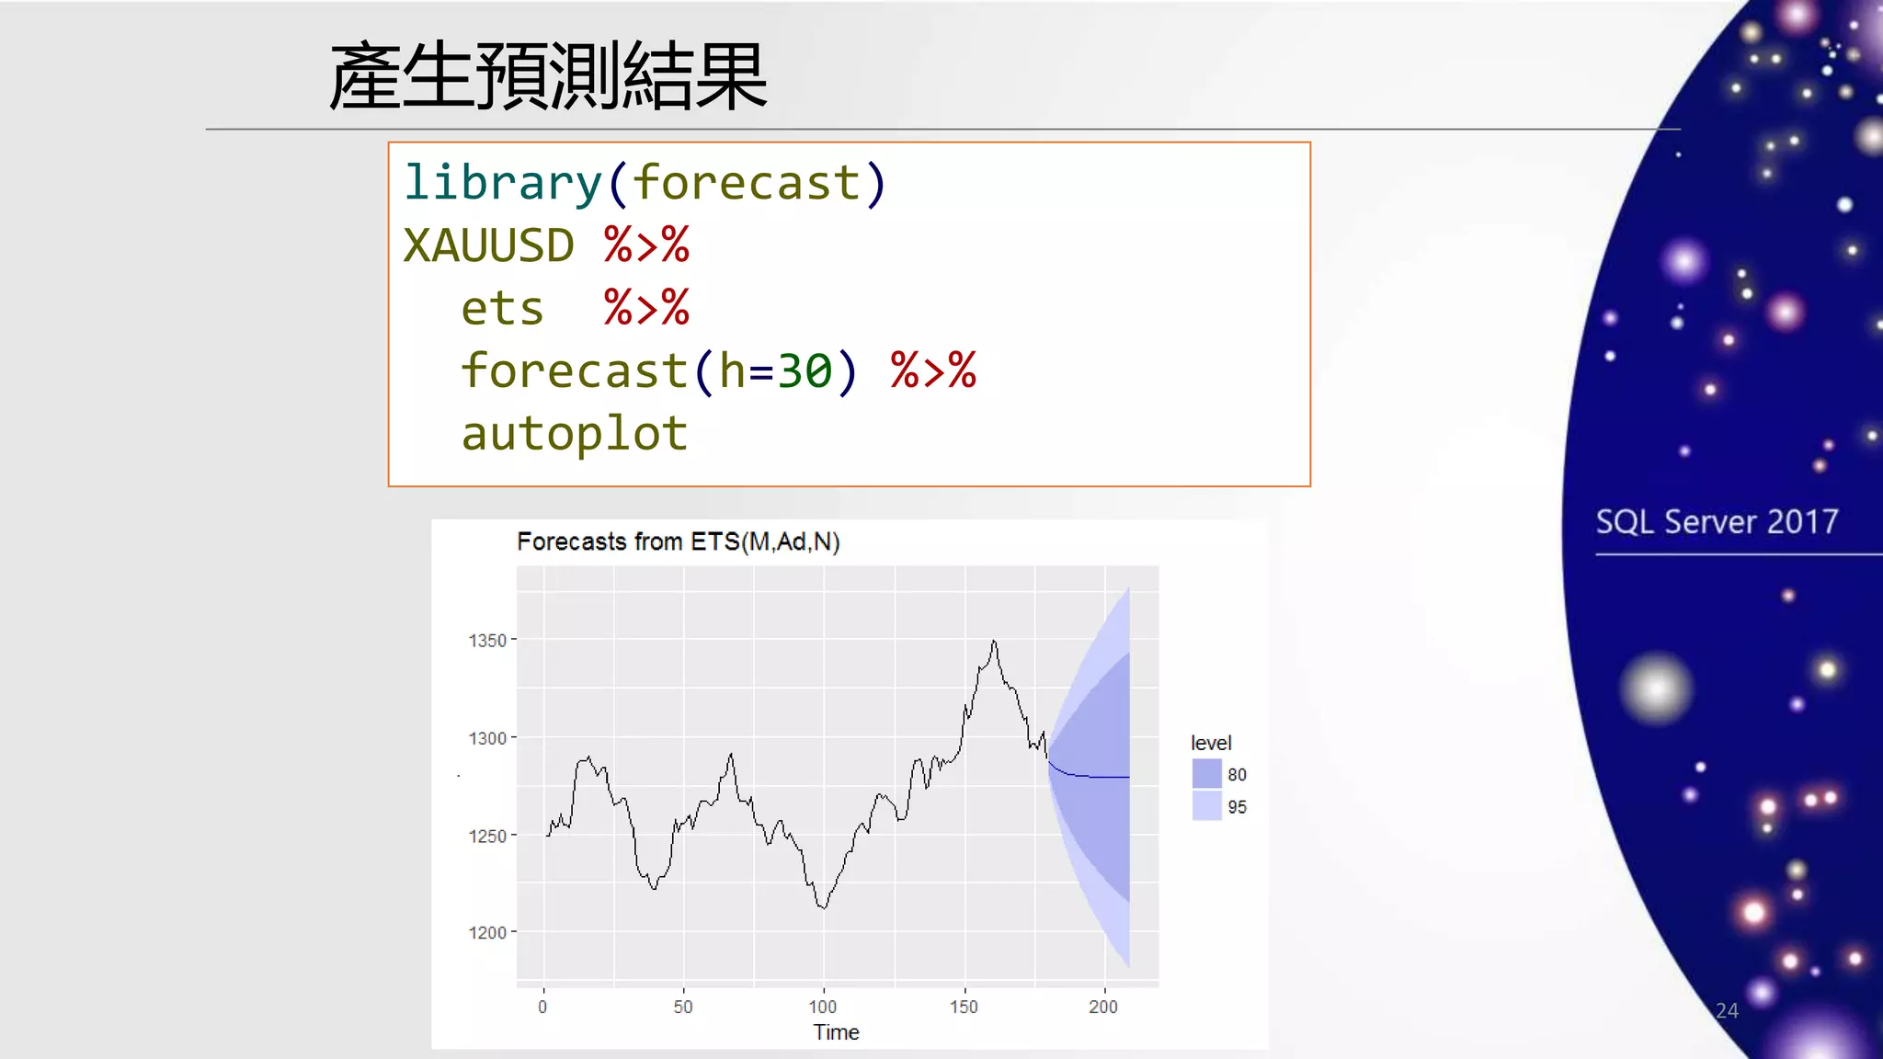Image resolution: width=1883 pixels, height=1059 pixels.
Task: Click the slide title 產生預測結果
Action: (x=548, y=77)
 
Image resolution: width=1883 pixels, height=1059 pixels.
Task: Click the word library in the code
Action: (x=502, y=182)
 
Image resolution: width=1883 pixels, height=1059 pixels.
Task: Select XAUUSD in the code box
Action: (x=488, y=245)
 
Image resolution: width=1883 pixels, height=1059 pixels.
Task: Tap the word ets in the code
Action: (x=502, y=308)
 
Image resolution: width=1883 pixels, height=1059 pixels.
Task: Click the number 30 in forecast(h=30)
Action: (x=805, y=370)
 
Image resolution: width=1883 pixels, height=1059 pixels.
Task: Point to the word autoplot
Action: (x=575, y=433)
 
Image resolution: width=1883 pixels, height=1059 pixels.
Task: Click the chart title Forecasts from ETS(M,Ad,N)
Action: (x=678, y=541)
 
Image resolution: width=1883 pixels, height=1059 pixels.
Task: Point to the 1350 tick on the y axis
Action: (x=487, y=640)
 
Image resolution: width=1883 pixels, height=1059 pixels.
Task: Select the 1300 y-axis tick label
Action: (x=487, y=738)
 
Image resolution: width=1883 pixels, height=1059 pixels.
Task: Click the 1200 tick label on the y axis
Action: (x=487, y=932)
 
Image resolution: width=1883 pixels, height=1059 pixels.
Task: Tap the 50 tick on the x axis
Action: (x=682, y=1007)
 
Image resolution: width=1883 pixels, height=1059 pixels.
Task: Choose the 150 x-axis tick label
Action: (x=964, y=1007)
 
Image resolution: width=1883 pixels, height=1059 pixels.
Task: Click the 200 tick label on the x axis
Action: (x=1103, y=1007)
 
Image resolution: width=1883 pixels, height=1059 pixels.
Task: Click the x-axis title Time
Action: (x=836, y=1032)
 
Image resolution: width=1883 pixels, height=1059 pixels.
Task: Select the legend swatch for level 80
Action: (x=1206, y=774)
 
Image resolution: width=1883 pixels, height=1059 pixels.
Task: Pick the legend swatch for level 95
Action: (x=1206, y=806)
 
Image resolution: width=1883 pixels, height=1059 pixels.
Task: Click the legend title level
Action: (x=1211, y=743)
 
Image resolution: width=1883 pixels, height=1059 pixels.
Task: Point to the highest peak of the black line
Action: (x=994, y=642)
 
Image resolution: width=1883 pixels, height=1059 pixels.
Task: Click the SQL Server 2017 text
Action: (x=1717, y=522)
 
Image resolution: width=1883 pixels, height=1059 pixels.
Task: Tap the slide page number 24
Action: (x=1727, y=1010)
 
